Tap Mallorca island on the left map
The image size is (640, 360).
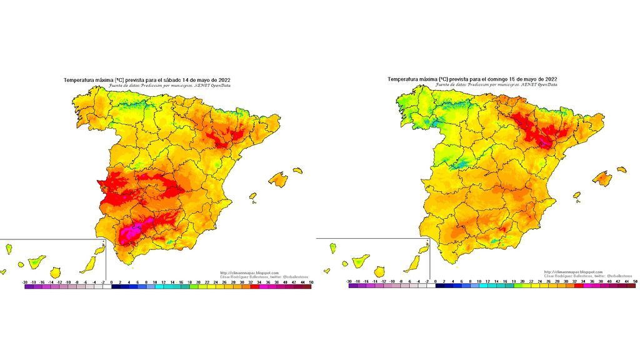click(278, 180)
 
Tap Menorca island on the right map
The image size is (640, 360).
click(621, 169)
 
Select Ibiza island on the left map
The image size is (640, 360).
click(253, 196)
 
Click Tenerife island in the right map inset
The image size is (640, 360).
click(361, 259)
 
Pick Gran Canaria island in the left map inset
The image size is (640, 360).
click(55, 272)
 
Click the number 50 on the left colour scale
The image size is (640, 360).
click(311, 282)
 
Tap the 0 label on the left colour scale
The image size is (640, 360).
click(111, 282)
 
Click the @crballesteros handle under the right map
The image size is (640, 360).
click(617, 276)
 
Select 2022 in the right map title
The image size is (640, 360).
click(551, 79)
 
